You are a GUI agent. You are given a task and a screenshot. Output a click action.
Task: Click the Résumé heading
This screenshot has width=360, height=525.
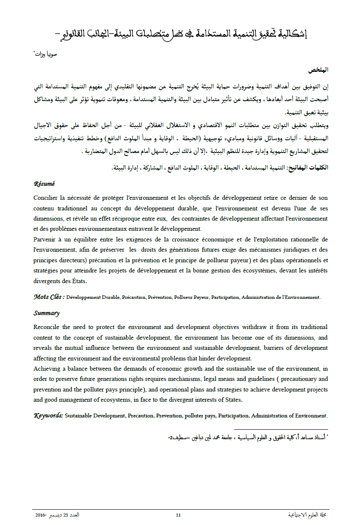(44, 184)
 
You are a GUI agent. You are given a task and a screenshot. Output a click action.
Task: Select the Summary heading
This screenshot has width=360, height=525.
(46, 313)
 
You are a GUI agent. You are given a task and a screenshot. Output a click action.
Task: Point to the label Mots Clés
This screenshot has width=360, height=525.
(49, 297)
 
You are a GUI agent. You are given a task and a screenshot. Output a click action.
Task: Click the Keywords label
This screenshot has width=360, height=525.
(48, 415)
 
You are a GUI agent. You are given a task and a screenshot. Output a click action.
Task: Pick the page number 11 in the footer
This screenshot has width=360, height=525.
(179, 515)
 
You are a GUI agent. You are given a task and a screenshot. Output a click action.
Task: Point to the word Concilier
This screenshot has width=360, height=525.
(46, 198)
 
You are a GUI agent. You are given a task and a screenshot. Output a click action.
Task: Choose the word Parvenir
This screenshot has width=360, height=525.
(45, 239)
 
